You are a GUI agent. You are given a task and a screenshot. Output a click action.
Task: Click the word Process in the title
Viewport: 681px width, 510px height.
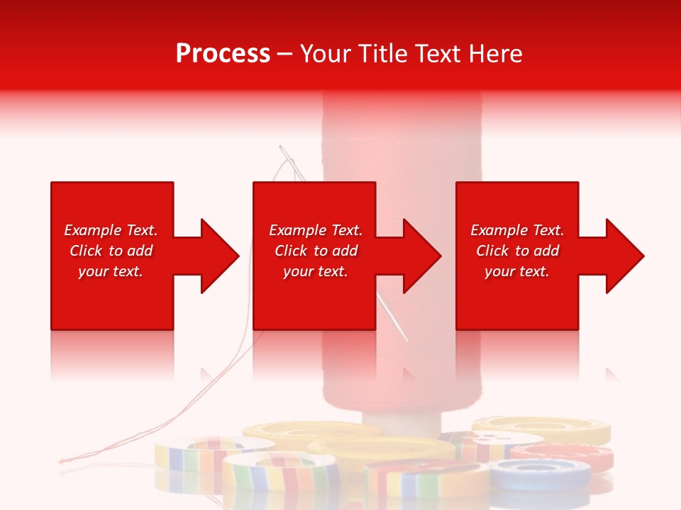tap(223, 54)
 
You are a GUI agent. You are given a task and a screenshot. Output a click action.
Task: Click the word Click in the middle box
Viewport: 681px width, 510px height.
tap(290, 251)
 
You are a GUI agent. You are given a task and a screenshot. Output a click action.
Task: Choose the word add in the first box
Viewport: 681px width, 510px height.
tap(140, 251)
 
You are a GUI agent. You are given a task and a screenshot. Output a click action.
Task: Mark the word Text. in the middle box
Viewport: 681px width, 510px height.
tap(344, 230)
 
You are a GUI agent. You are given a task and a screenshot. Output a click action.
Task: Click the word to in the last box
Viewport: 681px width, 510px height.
tap(522, 251)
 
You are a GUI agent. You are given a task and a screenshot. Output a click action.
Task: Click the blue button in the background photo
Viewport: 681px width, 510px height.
tap(540, 471)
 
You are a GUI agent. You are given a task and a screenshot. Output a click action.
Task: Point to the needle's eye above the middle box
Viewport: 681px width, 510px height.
tap(284, 151)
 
